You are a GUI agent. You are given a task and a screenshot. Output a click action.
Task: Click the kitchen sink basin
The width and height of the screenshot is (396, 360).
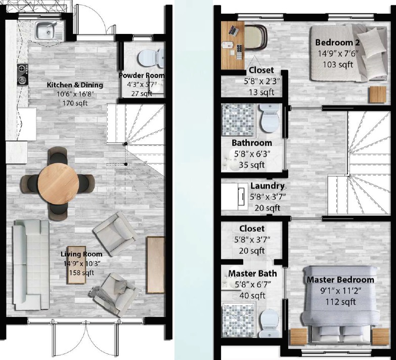pyautogui.click(x=46, y=31)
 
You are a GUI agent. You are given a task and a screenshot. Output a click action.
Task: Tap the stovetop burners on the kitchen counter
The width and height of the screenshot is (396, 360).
pyautogui.click(x=23, y=74)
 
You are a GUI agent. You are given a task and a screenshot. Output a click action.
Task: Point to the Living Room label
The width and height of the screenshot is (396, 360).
pyautogui.click(x=81, y=254)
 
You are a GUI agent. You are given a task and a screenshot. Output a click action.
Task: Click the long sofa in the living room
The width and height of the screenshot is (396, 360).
pyautogui.click(x=31, y=265)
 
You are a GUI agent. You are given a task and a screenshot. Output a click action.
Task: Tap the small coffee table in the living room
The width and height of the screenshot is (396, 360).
pyautogui.click(x=76, y=265)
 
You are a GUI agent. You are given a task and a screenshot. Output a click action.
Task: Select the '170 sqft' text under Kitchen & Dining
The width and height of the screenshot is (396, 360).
pyautogui.click(x=75, y=103)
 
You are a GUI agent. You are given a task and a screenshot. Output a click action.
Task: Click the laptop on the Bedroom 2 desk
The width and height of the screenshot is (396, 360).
pyautogui.click(x=234, y=30)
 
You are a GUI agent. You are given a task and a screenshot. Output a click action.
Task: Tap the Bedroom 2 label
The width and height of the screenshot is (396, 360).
pyautogui.click(x=337, y=43)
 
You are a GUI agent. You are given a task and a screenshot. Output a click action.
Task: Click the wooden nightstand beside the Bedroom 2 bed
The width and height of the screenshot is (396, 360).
pyautogui.click(x=378, y=94)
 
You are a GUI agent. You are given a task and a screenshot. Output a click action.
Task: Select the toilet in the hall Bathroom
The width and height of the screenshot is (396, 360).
pyautogui.click(x=270, y=118)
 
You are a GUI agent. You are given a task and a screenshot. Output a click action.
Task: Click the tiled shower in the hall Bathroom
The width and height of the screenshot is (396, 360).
pyautogui.click(x=239, y=121)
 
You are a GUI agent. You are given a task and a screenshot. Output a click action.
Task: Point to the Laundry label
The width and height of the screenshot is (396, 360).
pyautogui.click(x=268, y=186)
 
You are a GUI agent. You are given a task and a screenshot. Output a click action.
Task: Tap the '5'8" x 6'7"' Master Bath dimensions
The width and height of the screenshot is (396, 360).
pyautogui.click(x=253, y=285)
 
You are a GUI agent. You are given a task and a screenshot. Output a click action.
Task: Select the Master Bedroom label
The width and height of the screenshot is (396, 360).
pyautogui.click(x=340, y=280)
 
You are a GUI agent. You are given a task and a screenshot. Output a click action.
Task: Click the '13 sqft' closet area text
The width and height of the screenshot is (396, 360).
pyautogui.click(x=261, y=92)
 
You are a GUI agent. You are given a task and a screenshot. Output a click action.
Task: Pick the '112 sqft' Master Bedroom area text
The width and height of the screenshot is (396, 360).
pyautogui.click(x=340, y=302)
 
